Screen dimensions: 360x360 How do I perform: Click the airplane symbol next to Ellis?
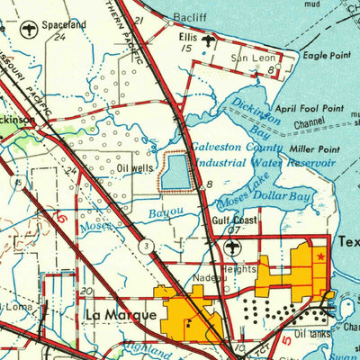[211, 40]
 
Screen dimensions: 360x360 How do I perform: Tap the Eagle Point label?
[327, 56]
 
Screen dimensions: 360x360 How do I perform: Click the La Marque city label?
[121, 315]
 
